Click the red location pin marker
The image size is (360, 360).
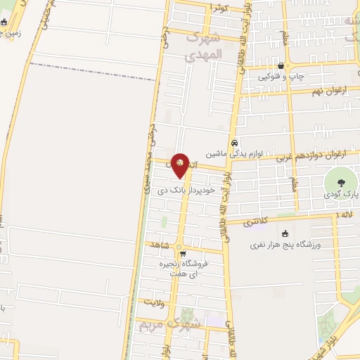180,165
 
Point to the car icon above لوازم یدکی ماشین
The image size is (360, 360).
236,141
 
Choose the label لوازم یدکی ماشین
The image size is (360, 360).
236,153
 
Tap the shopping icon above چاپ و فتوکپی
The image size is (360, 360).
281,65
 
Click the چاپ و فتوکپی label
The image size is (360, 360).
281,76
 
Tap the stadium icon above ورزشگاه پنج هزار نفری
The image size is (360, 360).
285,234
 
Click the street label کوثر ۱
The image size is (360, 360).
219,7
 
